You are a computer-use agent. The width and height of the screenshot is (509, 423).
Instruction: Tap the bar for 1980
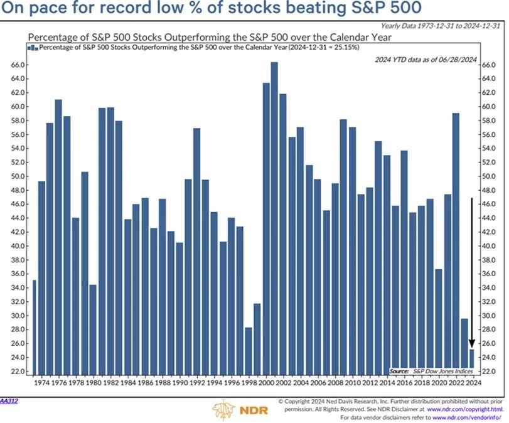tap(93, 330)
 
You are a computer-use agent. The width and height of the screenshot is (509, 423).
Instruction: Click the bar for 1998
tap(249, 351)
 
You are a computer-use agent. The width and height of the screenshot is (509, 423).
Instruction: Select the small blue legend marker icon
tap(29, 47)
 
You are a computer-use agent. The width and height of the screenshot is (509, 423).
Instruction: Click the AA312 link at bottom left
tap(9, 399)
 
